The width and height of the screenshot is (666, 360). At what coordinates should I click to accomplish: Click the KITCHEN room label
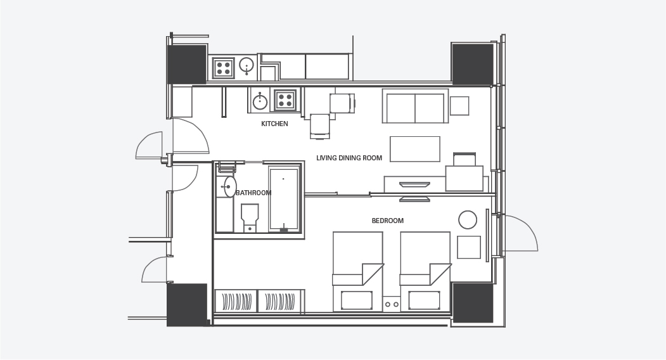point(274,124)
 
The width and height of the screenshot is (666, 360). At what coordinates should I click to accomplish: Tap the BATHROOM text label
point(253,193)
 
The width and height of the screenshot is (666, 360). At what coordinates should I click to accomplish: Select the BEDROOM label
point(387,221)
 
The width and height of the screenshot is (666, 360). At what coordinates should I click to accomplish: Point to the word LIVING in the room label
point(326,158)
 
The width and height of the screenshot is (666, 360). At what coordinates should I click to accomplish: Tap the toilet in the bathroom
point(250,217)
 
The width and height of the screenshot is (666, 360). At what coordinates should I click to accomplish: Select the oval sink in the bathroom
point(230,186)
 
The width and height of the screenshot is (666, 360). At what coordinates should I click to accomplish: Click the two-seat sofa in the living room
point(415,106)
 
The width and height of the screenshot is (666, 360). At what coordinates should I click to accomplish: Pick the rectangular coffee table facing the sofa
point(415,149)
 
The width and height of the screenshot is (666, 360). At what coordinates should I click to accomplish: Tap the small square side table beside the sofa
point(459,106)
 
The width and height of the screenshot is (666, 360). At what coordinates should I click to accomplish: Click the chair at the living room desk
point(464,159)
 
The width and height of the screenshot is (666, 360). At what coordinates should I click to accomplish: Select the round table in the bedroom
point(468,220)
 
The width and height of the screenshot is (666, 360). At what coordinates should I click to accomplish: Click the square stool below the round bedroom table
point(469,247)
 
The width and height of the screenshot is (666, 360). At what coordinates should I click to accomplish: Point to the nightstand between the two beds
point(392,304)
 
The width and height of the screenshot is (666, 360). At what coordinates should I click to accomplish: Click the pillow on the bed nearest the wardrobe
point(356,300)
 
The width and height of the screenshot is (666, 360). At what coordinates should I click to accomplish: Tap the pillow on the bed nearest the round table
point(424,300)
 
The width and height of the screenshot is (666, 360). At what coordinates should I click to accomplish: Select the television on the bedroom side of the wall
point(414,199)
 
